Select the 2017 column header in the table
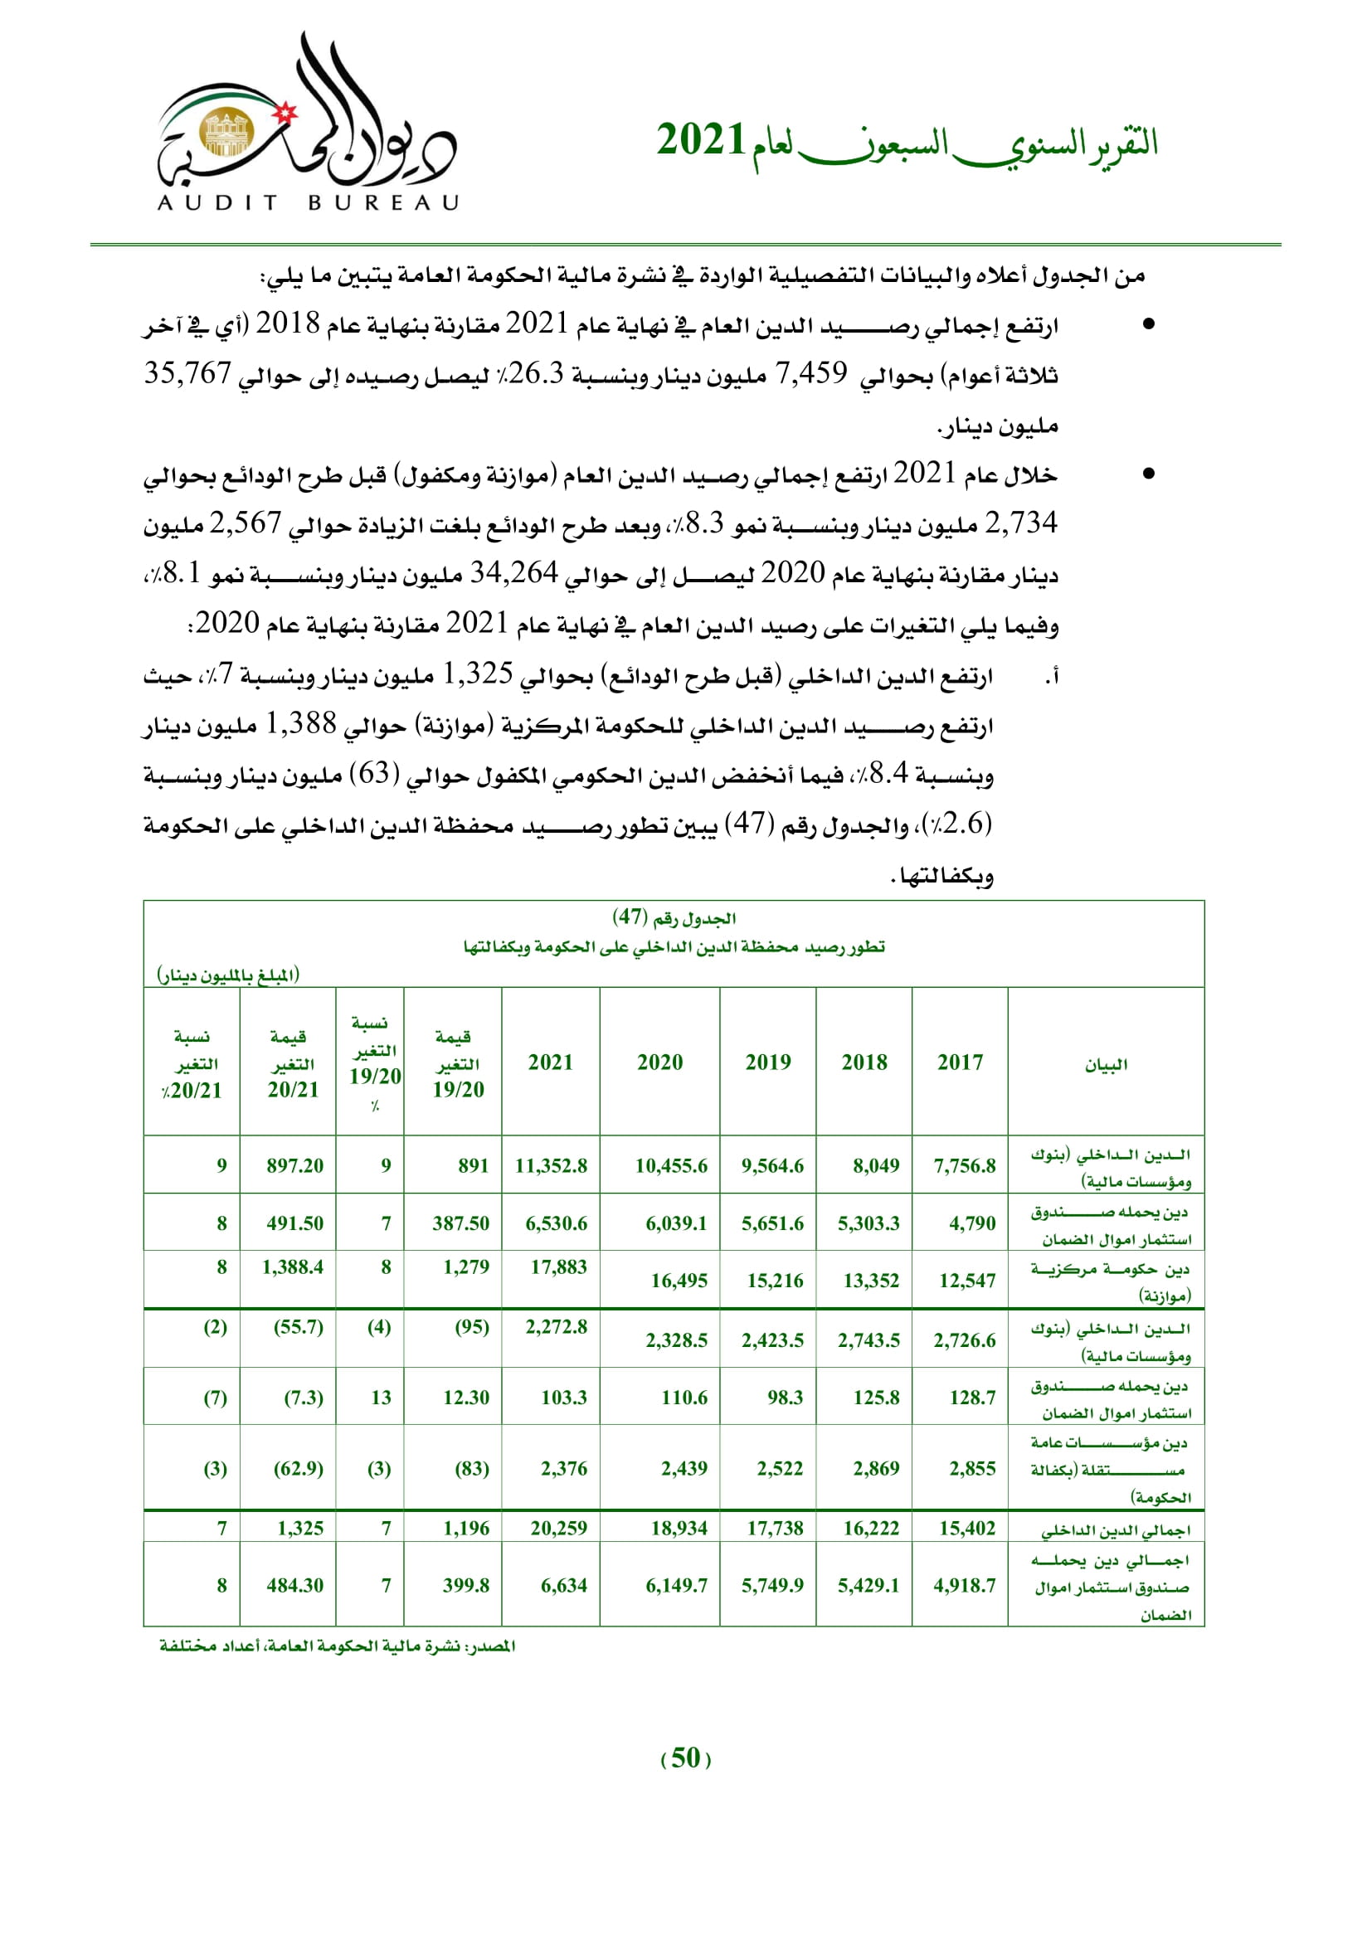pyautogui.click(x=960, y=1062)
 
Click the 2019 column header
pyautogui.click(x=768, y=1062)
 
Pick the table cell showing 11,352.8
pyautogui.click(x=551, y=1165)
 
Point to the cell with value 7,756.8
pyautogui.click(x=964, y=1165)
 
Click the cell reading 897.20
pyautogui.click(x=294, y=1165)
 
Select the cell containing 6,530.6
pyautogui.click(x=556, y=1223)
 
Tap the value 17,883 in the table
pyautogui.click(x=558, y=1267)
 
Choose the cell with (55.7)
pyautogui.click(x=299, y=1326)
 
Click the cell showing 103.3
pyautogui.click(x=563, y=1398)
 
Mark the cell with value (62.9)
pyautogui.click(x=299, y=1469)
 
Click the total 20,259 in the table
pyautogui.click(x=558, y=1528)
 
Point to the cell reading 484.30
pyautogui.click(x=294, y=1585)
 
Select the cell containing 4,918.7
pyautogui.click(x=964, y=1585)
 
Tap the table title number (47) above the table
pyautogui.click(x=630, y=917)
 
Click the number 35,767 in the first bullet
pyautogui.click(x=187, y=372)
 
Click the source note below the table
pyautogui.click(x=338, y=1645)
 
